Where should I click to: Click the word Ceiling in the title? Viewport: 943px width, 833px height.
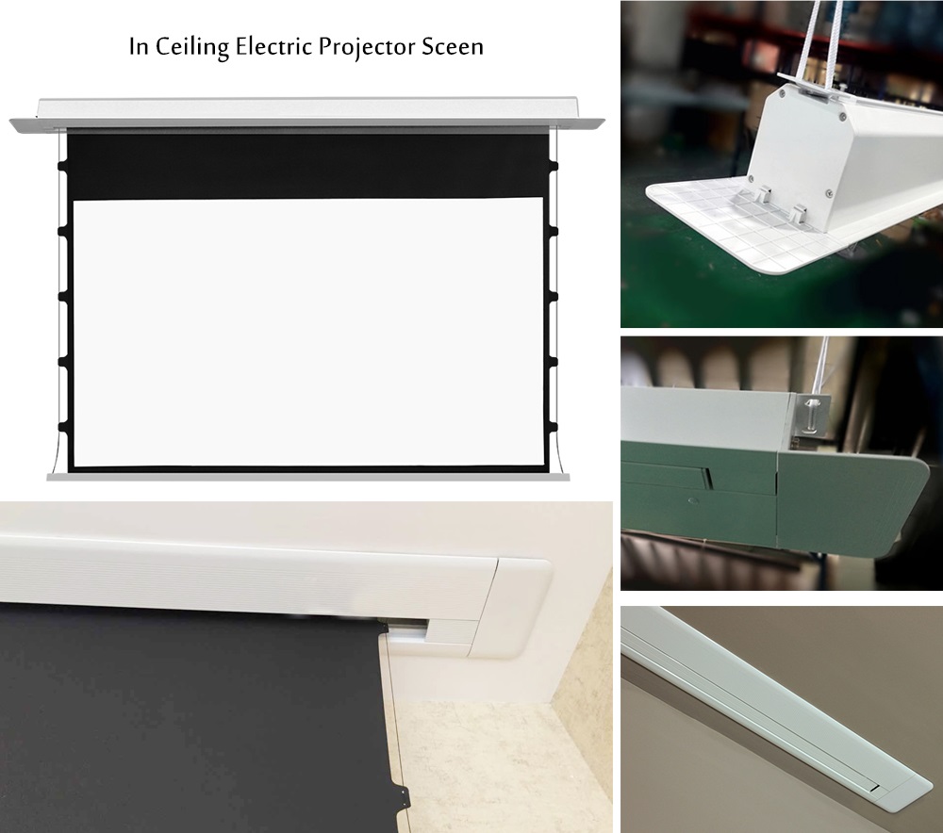191,47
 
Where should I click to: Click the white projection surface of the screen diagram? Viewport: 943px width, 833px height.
308,332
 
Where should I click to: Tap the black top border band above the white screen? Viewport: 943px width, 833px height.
308,166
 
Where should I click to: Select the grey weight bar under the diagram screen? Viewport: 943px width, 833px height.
308,477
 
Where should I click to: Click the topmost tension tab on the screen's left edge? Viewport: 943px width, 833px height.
62,166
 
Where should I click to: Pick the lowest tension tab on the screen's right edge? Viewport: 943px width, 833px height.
554,427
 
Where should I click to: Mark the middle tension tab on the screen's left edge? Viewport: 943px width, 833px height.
62,296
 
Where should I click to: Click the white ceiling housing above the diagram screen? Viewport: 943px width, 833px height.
307,114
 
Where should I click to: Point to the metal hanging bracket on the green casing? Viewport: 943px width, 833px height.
813,415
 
